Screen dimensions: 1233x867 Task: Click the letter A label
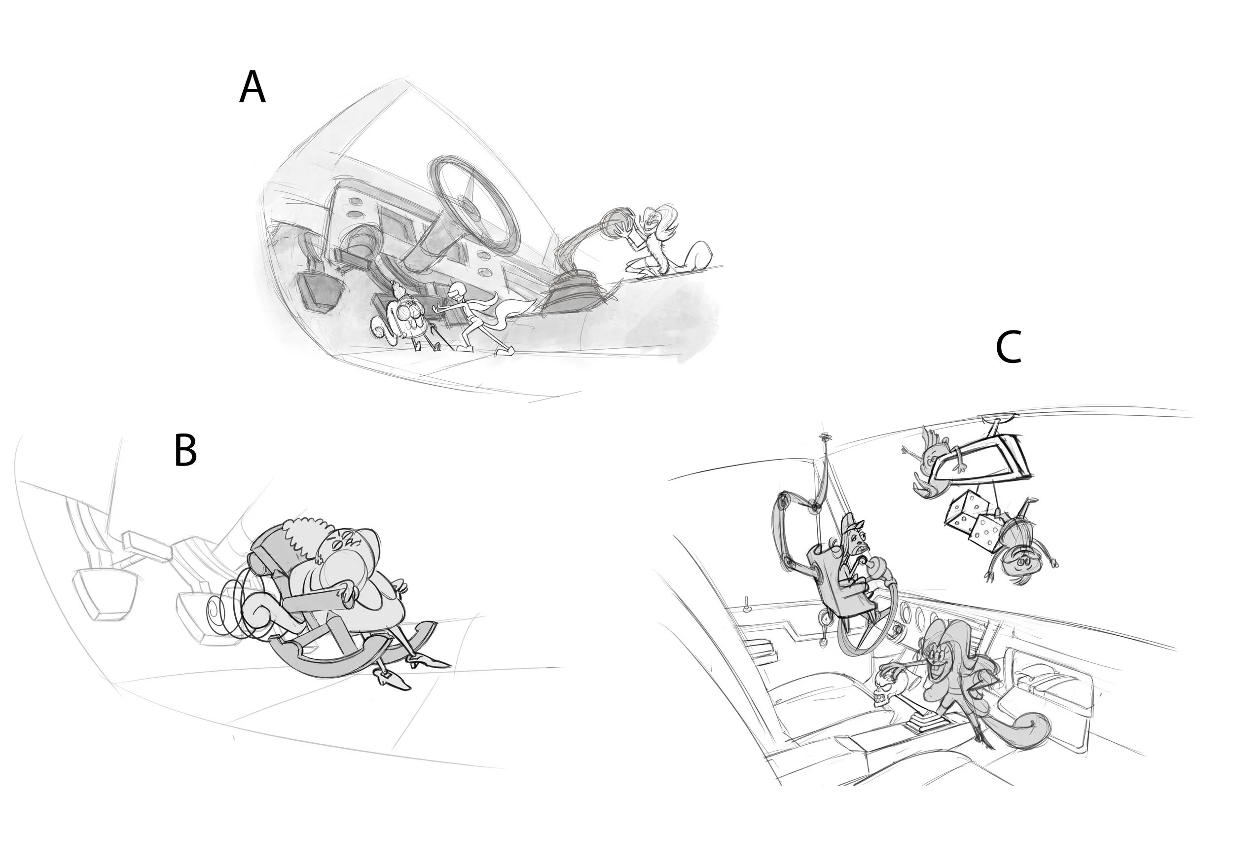pos(252,87)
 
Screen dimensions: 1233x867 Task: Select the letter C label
pos(1008,347)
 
